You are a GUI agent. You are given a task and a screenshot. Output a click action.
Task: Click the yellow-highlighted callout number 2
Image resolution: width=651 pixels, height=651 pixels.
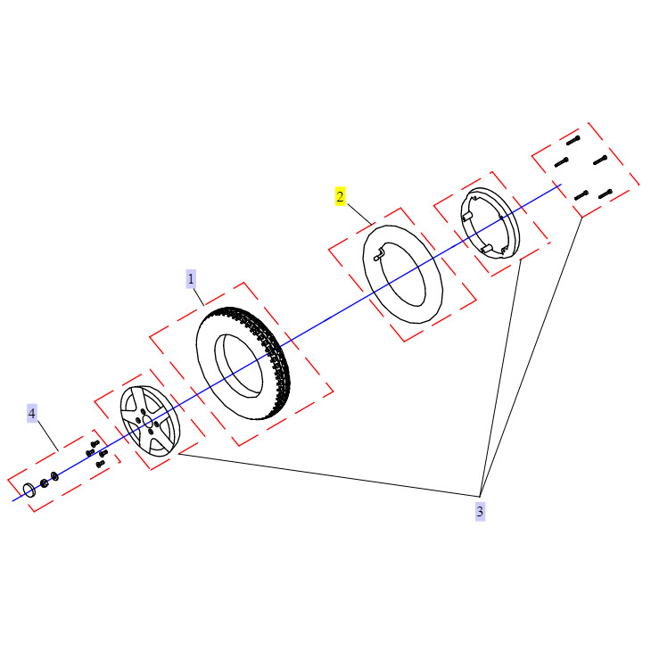click(x=340, y=196)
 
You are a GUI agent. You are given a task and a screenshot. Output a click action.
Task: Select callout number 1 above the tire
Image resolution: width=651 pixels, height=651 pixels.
click(x=191, y=278)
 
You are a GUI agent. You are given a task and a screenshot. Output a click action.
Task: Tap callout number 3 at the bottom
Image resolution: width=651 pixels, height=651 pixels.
click(x=480, y=511)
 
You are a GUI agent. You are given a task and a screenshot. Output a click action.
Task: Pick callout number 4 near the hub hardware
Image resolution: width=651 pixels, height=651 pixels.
click(x=32, y=413)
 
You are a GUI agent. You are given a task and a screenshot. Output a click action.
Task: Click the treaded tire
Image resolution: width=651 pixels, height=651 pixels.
click(x=243, y=363)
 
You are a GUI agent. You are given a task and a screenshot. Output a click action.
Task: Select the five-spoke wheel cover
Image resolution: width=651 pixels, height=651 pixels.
click(x=151, y=422)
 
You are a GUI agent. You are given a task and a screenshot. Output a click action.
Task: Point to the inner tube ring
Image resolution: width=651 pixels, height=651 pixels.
click(x=403, y=274)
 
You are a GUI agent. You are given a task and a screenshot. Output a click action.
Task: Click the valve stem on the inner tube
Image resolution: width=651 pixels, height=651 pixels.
click(x=380, y=253)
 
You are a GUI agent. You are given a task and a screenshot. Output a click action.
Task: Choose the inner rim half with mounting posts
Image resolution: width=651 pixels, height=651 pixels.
click(x=490, y=223)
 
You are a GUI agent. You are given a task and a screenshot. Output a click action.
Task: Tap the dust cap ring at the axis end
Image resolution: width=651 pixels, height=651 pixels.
click(x=29, y=490)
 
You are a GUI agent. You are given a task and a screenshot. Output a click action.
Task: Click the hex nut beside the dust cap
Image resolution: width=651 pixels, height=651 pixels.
click(x=44, y=483)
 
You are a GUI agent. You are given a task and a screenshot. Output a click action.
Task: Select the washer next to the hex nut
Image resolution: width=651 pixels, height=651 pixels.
click(x=54, y=476)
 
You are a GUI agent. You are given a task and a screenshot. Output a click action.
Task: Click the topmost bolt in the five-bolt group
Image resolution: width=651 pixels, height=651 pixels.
click(x=573, y=140)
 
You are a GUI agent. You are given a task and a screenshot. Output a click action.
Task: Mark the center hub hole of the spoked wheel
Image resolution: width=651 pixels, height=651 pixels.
click(x=148, y=423)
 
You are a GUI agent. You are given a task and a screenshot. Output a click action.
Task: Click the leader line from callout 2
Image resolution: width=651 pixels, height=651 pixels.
click(x=359, y=214)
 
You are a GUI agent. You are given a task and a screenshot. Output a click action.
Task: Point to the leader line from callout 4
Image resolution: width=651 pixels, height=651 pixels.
click(x=48, y=435)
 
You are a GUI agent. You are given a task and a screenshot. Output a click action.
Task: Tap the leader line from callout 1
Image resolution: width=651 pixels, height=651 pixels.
click(x=199, y=297)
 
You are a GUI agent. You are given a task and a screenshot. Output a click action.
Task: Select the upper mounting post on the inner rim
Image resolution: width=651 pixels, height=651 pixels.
click(x=466, y=218)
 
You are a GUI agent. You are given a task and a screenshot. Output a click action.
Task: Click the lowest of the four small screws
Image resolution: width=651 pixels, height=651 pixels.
click(x=100, y=464)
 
